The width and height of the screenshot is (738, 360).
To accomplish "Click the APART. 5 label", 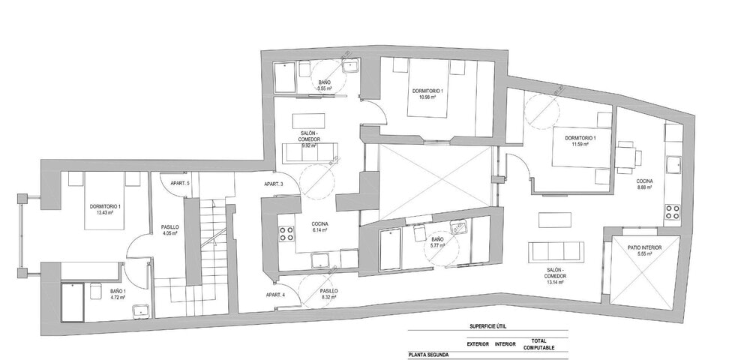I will click(x=179, y=184).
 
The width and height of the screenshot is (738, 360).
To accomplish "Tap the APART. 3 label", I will click(x=274, y=184).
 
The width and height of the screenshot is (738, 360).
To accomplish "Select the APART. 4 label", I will click(x=274, y=295).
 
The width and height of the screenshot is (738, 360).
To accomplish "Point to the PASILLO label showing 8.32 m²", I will click(x=328, y=290).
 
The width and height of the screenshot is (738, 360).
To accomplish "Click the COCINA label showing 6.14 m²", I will click(x=322, y=223).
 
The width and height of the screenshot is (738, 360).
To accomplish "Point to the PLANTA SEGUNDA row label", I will click(x=429, y=354).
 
